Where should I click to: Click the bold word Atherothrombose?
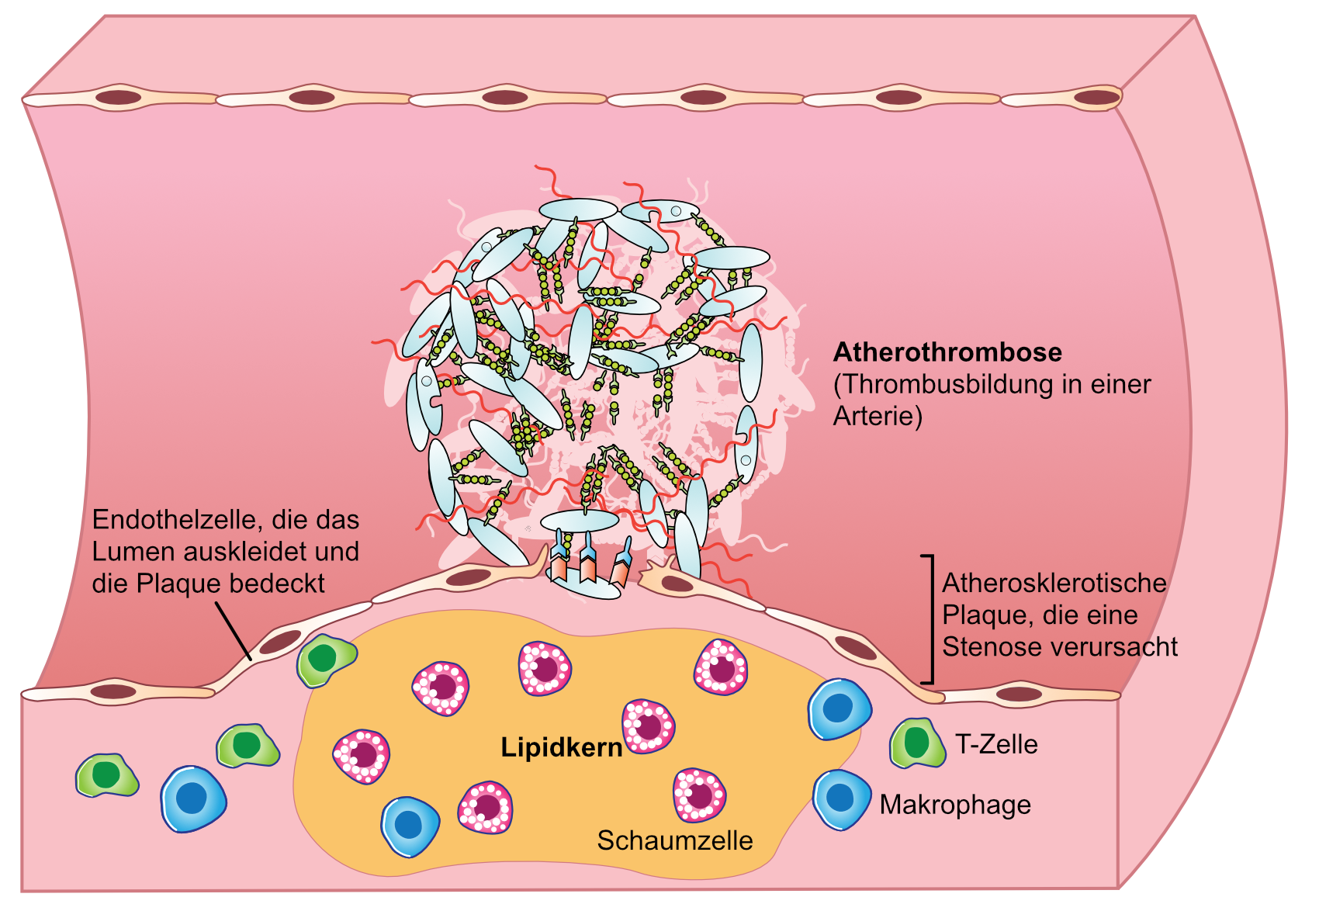coord(947,352)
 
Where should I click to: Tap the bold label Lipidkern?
coord(562,747)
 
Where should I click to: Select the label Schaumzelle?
coord(675,840)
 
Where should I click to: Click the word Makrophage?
coord(955,805)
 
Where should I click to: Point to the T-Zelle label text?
coord(996,744)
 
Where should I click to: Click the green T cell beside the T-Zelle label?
coord(917,743)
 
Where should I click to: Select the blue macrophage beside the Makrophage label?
coord(841,799)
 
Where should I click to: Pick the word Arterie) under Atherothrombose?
coord(878,417)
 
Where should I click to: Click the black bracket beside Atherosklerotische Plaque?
coord(929,619)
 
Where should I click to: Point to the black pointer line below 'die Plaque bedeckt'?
coord(234,631)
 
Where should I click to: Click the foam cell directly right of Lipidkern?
coord(649,726)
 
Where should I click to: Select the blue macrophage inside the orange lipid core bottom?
coord(410,826)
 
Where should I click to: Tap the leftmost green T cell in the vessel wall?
coord(107,775)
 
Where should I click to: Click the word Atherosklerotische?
coord(1054,583)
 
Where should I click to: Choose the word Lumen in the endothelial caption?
coord(133,552)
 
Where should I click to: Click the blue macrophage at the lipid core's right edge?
coord(840,709)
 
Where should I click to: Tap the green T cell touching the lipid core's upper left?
coord(326,660)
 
